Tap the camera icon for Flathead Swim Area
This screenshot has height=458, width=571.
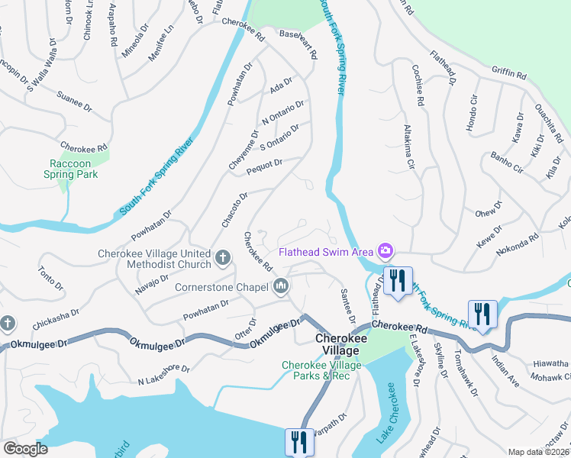click(386, 250)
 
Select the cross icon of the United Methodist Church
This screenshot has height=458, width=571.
click(223, 258)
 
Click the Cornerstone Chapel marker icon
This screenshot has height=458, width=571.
click(280, 286)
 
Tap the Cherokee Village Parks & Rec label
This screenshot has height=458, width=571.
click(315, 370)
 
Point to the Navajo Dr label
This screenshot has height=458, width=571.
click(150, 283)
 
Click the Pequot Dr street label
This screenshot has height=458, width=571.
click(264, 166)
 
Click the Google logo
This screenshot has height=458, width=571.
click(25, 449)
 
